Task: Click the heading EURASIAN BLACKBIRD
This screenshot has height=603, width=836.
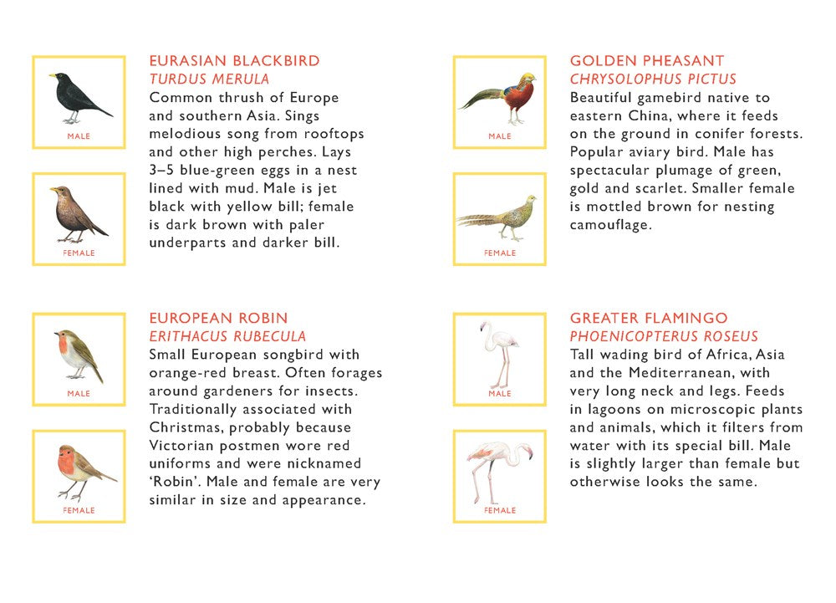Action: click(x=234, y=61)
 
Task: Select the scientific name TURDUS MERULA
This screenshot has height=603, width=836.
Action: click(x=209, y=79)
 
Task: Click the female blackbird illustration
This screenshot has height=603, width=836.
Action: click(x=77, y=214)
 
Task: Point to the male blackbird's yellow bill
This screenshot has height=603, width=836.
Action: click(x=52, y=76)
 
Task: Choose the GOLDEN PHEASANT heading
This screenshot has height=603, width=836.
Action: click(x=647, y=61)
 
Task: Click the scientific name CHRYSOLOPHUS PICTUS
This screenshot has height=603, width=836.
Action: click(x=653, y=79)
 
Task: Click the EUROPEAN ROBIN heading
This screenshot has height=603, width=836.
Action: click(x=218, y=319)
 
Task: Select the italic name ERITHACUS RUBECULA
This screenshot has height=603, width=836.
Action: click(x=227, y=337)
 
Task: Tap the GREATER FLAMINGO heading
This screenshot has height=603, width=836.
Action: click(x=649, y=319)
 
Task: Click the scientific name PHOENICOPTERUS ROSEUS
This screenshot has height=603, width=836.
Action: click(x=664, y=337)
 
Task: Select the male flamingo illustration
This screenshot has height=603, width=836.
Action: click(x=499, y=352)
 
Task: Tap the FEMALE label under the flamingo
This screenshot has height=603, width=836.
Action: click(x=500, y=510)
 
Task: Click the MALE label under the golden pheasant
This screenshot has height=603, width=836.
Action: click(x=500, y=136)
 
